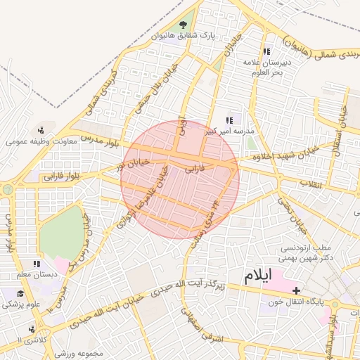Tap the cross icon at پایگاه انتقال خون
pos(296,290)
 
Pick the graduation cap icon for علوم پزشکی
pos(20,293)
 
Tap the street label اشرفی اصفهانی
pos(201,327)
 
